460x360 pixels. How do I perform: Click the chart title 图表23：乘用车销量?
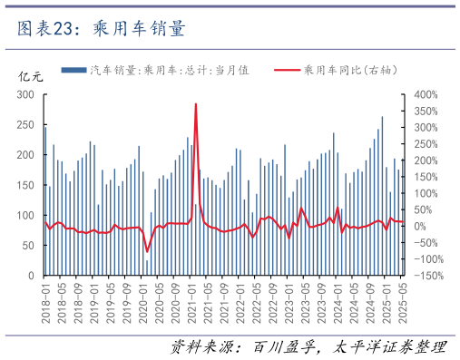pyautogui.click(x=101, y=29)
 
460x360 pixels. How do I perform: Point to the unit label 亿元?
pyautogui.click(x=31, y=76)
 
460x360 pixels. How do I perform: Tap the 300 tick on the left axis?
pyautogui.click(x=25, y=94)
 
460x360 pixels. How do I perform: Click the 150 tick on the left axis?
pyautogui.click(x=25, y=185)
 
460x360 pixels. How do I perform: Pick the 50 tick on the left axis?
pyautogui.click(x=28, y=246)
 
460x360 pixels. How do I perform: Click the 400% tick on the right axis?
pyautogui.click(x=426, y=94)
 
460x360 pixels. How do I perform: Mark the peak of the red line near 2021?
pyautogui.click(x=196, y=104)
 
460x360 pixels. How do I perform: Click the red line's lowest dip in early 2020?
pyautogui.click(x=147, y=251)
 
